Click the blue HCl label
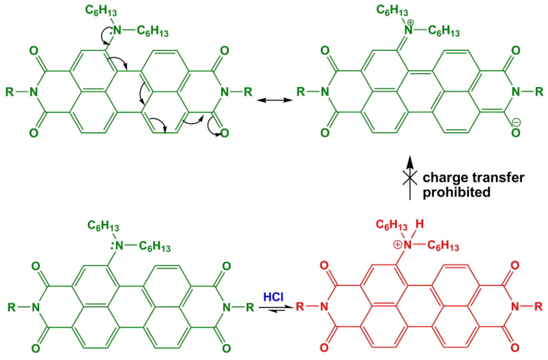(x=275, y=296)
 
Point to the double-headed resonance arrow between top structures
(x=273, y=100)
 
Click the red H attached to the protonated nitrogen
(x=421, y=225)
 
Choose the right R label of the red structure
(x=538, y=307)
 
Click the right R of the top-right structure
(x=538, y=91)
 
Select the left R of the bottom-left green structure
(x=12, y=308)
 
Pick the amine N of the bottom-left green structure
(x=119, y=247)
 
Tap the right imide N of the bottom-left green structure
(x=226, y=308)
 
